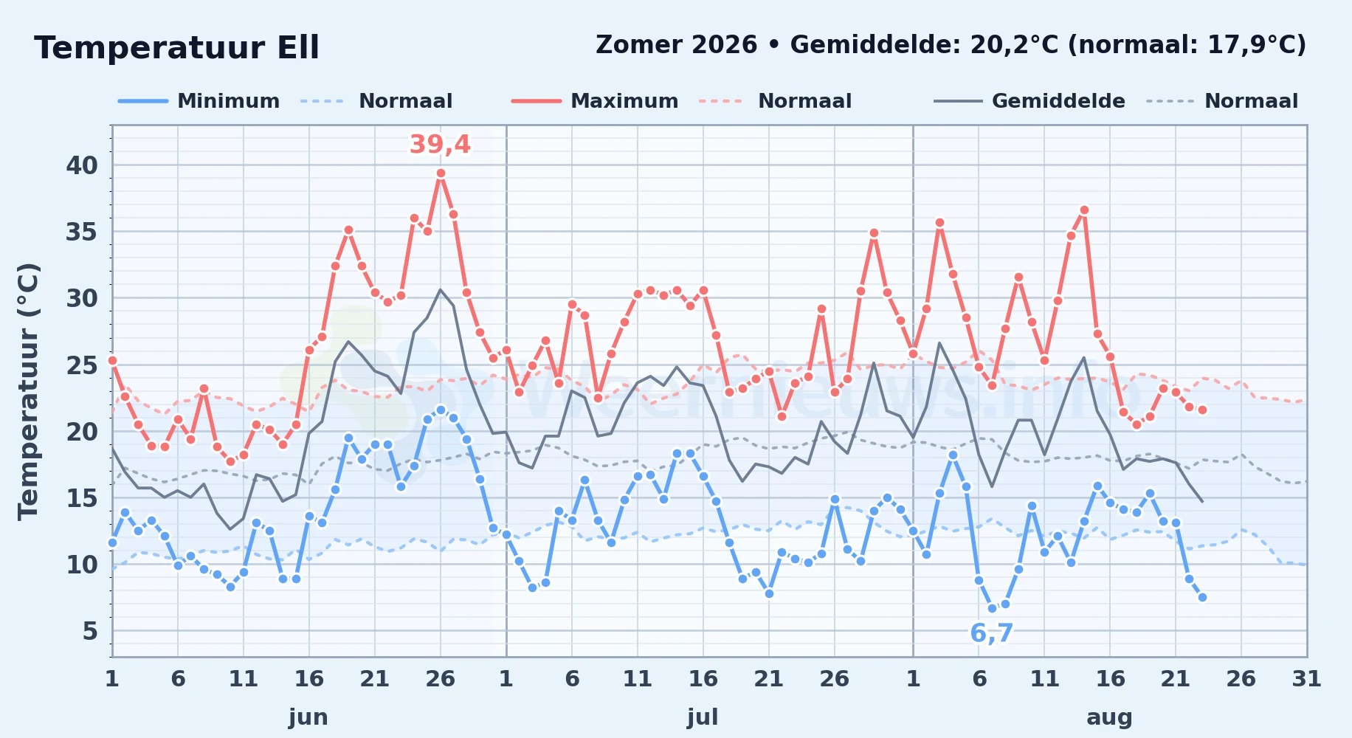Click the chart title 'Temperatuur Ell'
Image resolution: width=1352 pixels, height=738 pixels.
tap(176, 48)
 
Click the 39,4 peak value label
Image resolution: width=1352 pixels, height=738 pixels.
tap(440, 145)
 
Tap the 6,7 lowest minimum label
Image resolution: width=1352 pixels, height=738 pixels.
tap(991, 633)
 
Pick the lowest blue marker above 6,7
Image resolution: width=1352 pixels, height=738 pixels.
tap(992, 609)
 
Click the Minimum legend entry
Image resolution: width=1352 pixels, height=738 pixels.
tap(199, 101)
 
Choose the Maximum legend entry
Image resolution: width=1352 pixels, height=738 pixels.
tap(595, 101)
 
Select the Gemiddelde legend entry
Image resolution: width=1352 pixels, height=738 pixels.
tap(1029, 101)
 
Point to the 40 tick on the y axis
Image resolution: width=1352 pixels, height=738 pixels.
tap(82, 165)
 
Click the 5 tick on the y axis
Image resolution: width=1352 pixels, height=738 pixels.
tap(90, 631)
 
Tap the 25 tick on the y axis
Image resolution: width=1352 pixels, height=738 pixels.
tap(82, 365)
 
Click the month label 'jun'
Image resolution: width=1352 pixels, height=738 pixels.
tap(308, 717)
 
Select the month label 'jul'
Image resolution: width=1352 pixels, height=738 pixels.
tap(703, 717)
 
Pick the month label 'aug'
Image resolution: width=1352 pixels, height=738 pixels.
tap(1110, 717)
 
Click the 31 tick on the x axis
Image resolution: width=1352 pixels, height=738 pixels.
tap(1306, 679)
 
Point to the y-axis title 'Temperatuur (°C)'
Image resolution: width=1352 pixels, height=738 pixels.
tap(28, 392)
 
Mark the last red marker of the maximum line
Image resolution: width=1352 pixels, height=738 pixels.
tap(1202, 410)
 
